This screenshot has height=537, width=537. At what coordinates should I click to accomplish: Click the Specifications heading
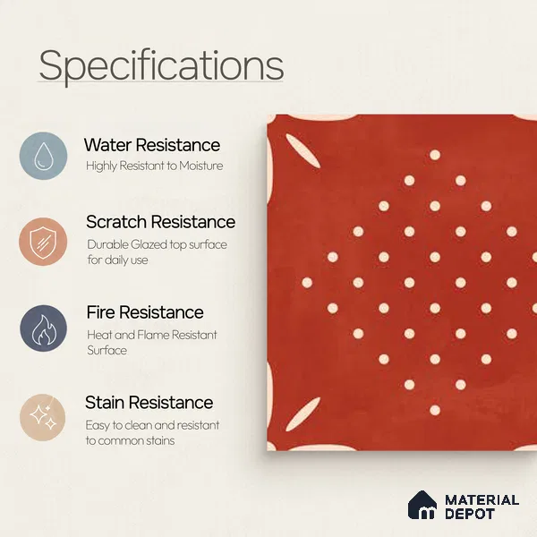161,65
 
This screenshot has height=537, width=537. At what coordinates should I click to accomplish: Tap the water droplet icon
43,156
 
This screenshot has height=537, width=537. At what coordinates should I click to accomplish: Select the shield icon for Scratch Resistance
43,242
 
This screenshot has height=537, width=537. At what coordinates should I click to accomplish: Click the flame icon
43,328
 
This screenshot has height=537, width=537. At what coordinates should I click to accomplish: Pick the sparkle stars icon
43,417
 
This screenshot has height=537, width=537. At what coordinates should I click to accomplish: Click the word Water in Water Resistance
108,144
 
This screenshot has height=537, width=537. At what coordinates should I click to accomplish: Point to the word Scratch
116,222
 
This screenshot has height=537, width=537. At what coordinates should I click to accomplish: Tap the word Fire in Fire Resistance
100,312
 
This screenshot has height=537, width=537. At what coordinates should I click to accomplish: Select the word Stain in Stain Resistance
104,403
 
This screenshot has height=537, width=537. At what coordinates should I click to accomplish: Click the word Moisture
201,166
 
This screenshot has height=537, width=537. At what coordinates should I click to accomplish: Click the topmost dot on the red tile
435,155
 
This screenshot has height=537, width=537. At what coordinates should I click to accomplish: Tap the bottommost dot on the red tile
435,410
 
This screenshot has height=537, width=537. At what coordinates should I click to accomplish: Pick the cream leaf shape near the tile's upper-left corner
303,150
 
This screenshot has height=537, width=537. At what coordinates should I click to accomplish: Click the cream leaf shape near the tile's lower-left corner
303,414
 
